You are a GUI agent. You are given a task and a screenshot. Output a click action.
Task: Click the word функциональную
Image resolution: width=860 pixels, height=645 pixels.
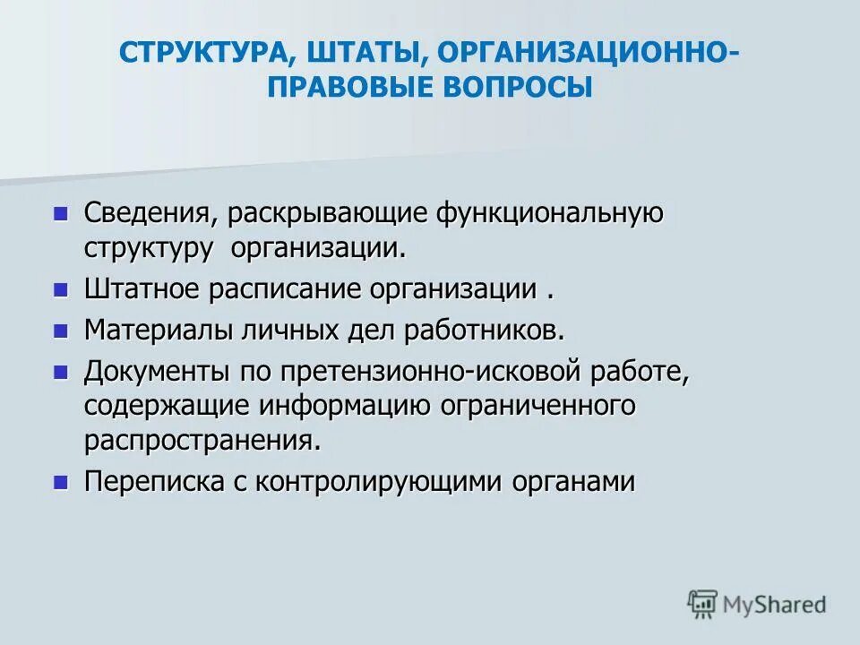549,214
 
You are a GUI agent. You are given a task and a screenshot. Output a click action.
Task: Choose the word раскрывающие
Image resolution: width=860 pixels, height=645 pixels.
329,214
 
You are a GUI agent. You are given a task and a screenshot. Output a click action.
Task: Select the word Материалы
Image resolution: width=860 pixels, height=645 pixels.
159,329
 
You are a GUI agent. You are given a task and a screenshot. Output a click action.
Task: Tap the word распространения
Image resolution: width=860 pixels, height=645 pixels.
202,440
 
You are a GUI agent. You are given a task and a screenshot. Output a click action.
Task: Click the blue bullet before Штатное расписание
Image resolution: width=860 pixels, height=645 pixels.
61,289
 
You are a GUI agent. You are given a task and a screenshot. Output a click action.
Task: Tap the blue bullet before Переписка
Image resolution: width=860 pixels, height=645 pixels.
61,481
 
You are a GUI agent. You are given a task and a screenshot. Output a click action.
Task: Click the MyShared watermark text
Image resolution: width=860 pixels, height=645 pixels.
775,605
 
